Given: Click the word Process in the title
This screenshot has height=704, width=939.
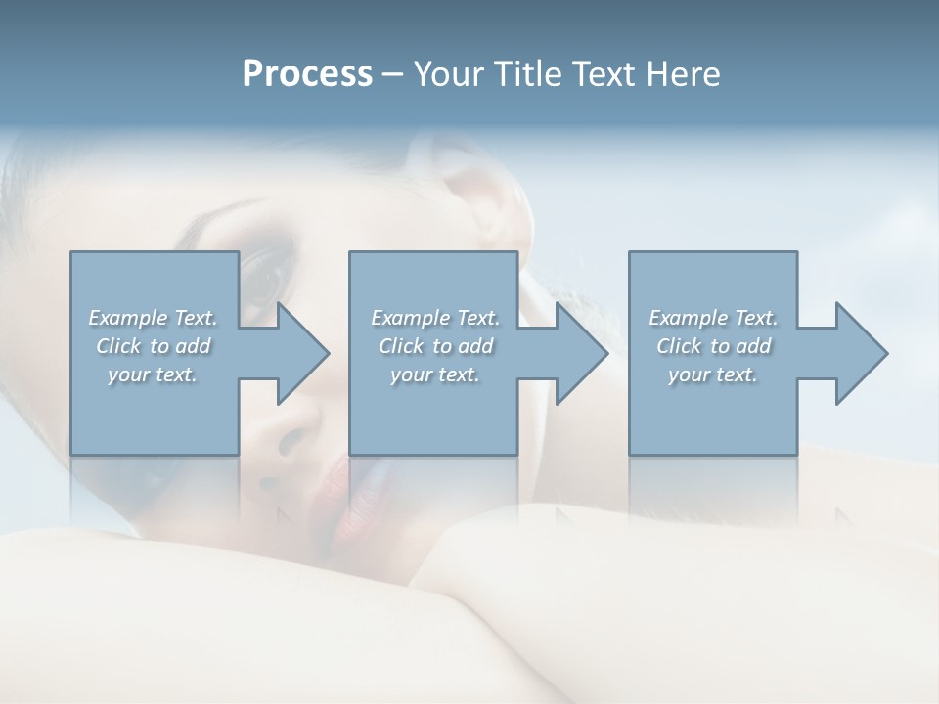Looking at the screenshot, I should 307,74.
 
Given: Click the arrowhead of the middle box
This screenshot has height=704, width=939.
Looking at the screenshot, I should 581,353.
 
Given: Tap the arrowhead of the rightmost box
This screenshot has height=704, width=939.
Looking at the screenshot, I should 861,353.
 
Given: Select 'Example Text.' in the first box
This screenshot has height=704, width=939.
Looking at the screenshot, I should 153,318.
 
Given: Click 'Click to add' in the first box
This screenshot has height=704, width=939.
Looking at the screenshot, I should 153,346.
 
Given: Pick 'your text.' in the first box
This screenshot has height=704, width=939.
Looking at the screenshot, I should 153,374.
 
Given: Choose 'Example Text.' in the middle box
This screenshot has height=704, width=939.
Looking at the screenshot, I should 435,318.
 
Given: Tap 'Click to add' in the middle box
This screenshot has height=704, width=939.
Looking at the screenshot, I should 435,346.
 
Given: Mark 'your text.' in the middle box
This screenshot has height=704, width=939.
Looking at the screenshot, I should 435,374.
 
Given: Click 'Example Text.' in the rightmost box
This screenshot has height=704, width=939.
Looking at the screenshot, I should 713,318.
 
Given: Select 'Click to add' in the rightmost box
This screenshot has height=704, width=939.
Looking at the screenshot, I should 713,346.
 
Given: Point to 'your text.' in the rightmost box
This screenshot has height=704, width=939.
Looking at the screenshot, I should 713,374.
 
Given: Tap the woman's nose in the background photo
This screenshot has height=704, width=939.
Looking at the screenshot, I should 293,430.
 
